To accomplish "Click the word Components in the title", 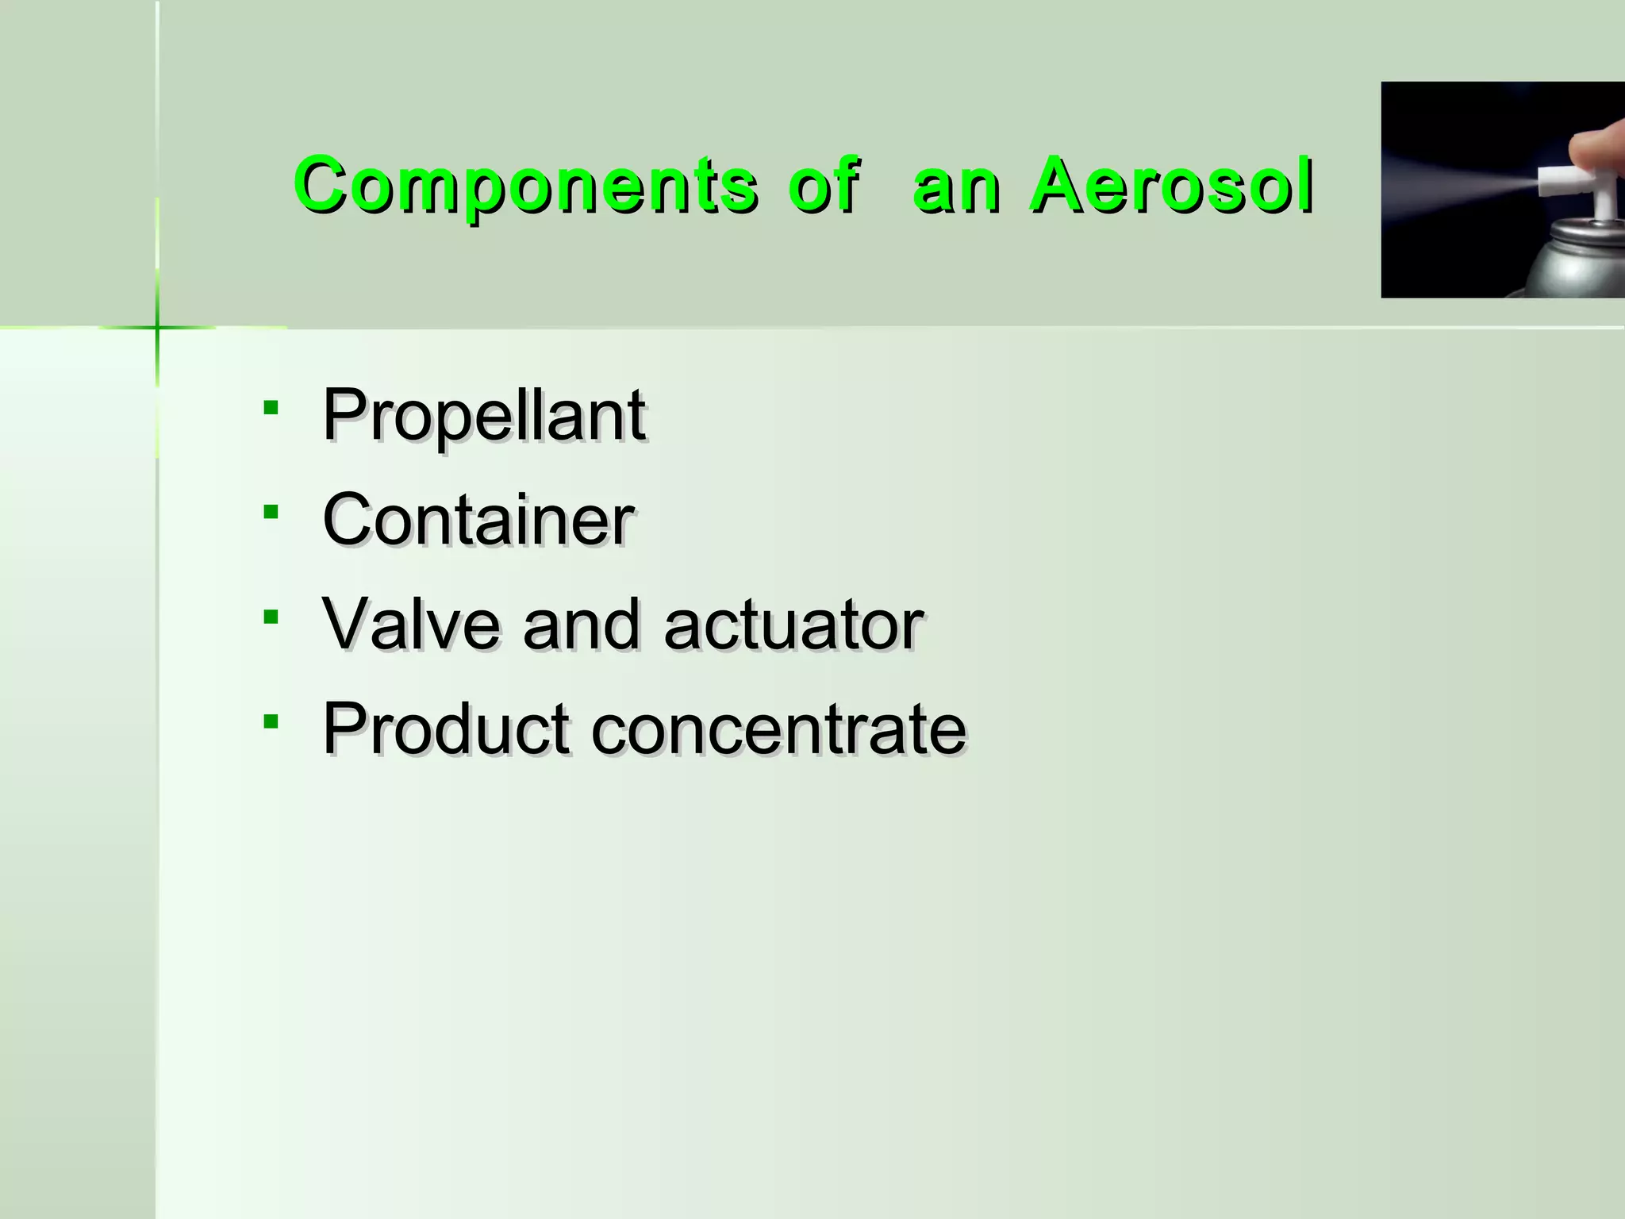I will pyautogui.click(x=526, y=186).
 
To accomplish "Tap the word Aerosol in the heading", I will pyautogui.click(x=1171, y=186).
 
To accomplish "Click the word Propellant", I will pyautogui.click(x=483, y=415).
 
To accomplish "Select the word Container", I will pyautogui.click(x=478, y=520).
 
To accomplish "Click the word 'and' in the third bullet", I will pyautogui.click(x=582, y=625).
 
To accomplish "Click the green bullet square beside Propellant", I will pyautogui.click(x=271, y=408).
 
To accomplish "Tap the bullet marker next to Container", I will pyautogui.click(x=271, y=513).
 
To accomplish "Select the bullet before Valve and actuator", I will pyautogui.click(x=271, y=617).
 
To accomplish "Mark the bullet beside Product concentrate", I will pyautogui.click(x=271, y=721).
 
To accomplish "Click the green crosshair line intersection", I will pyautogui.click(x=157, y=327).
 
